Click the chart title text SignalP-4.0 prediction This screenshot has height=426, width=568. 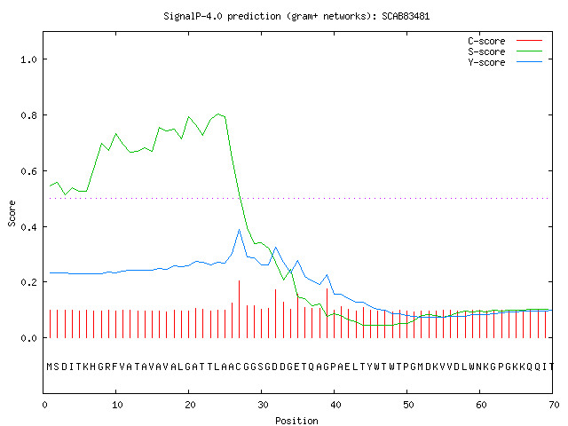[x=222, y=16]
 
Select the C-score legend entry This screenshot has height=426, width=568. [x=505, y=41]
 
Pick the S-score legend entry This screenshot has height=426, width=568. [x=505, y=51]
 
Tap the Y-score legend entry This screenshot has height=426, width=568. [x=505, y=62]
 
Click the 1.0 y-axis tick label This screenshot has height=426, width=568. [x=29, y=59]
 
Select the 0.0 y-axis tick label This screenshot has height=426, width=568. [x=29, y=338]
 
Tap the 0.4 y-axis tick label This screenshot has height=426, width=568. [x=29, y=227]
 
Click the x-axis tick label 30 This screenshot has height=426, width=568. [x=263, y=405]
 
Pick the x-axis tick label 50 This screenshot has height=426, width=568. [x=408, y=405]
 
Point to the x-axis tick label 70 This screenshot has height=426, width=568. [x=554, y=405]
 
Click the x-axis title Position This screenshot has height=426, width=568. [x=296, y=421]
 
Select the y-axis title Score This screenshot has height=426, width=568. [x=12, y=213]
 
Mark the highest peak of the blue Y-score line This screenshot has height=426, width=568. [x=239, y=230]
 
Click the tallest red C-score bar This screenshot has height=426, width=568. [x=239, y=309]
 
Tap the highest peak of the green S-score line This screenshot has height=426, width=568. [x=218, y=114]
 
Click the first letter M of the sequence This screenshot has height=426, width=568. [x=50, y=367]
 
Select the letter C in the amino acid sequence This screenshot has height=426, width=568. [x=238, y=367]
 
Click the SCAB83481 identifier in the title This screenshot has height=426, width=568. [x=406, y=16]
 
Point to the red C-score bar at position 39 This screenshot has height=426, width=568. [x=327, y=313]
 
